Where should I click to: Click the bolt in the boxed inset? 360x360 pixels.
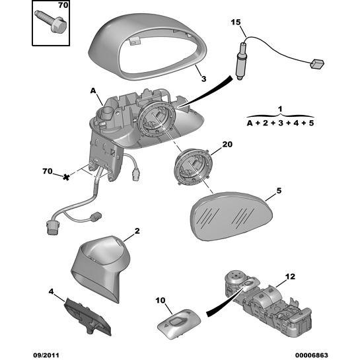[x=50, y=22]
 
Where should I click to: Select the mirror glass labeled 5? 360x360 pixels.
[x=231, y=216]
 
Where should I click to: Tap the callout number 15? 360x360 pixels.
[x=236, y=22]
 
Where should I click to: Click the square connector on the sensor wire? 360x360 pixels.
[x=317, y=64]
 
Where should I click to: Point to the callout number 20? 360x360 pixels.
[x=227, y=144]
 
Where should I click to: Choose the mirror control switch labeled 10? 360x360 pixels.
[x=179, y=323]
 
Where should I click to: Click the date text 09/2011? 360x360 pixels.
[x=46, y=355]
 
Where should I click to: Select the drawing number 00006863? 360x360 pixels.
[x=311, y=355]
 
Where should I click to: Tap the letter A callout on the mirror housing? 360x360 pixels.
[x=93, y=91]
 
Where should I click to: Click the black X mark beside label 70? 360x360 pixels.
[x=66, y=177]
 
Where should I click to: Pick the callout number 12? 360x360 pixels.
[x=290, y=276]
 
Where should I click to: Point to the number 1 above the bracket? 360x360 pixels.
[x=280, y=109]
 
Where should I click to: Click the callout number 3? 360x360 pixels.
[x=203, y=79]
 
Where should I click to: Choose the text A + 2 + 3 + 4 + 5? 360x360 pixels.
[x=280, y=123]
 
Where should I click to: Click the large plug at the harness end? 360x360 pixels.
[x=52, y=227]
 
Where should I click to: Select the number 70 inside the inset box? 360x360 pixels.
[x=63, y=5]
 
